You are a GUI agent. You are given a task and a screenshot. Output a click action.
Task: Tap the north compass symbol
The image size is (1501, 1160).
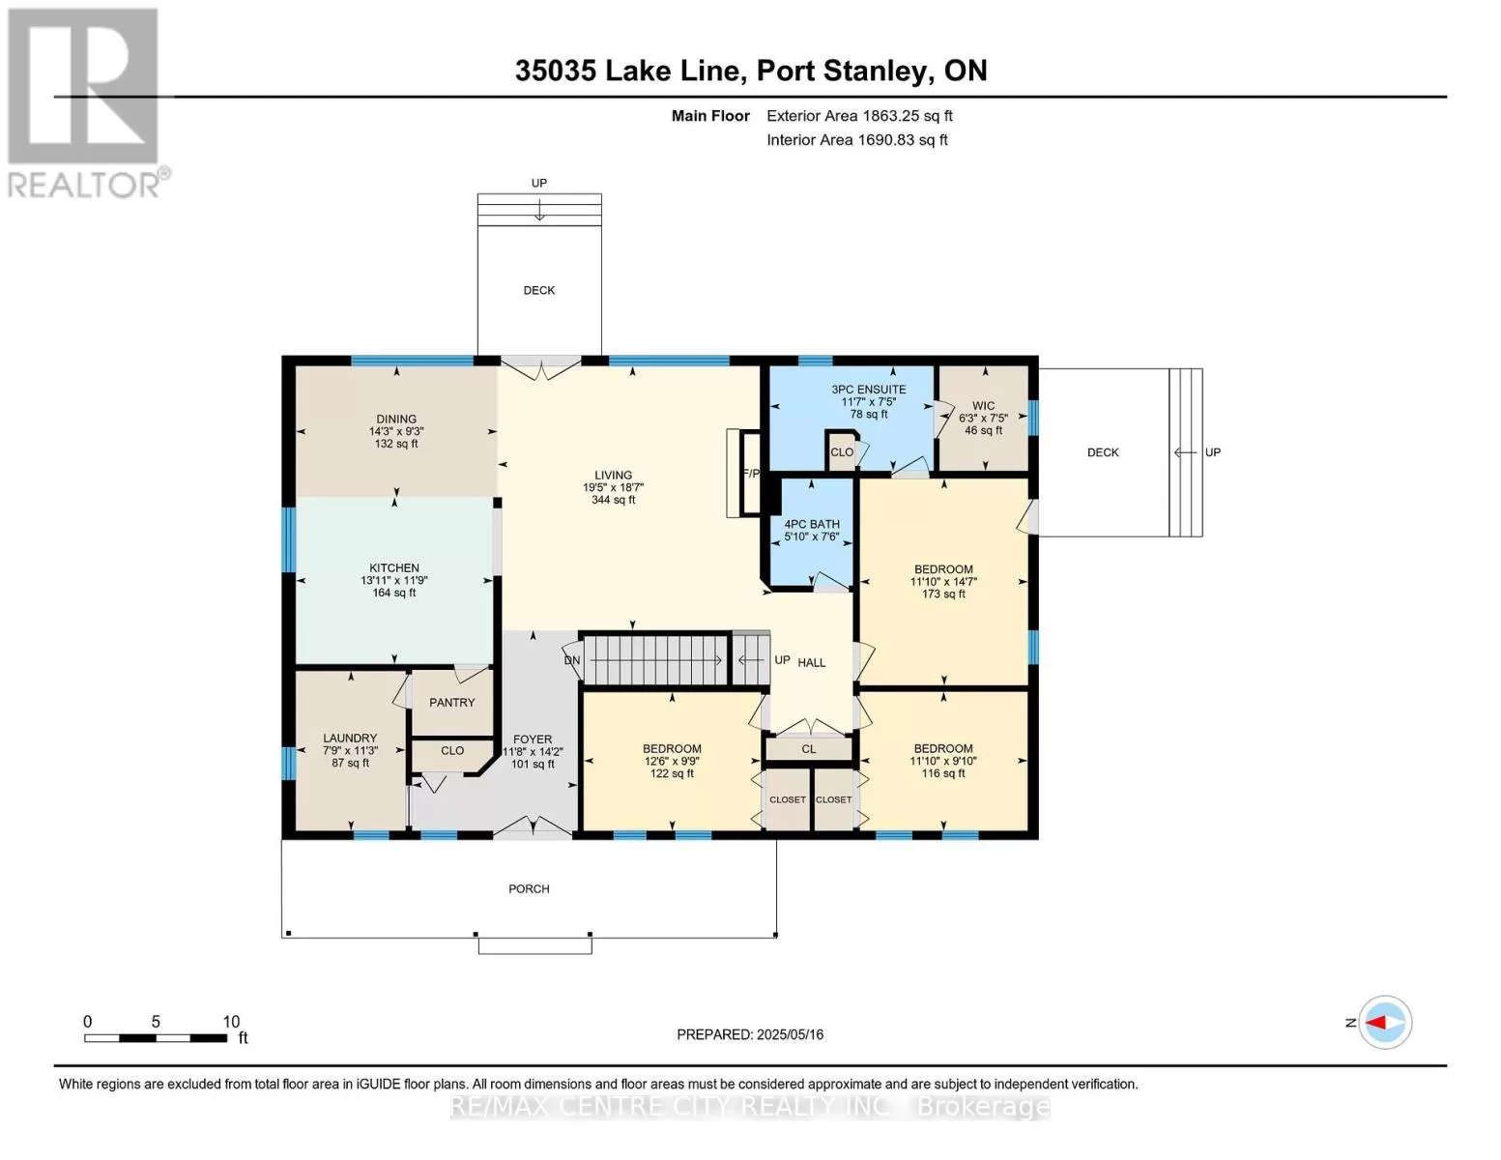pyautogui.click(x=1385, y=1023)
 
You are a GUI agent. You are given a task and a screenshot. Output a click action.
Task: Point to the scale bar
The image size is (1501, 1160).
pyautogui.click(x=157, y=1037)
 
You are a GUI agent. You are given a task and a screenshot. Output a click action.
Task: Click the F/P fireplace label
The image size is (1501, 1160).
pyautogui.click(x=751, y=474)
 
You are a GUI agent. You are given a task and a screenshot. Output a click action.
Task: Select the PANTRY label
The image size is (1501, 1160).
pyautogui.click(x=451, y=703)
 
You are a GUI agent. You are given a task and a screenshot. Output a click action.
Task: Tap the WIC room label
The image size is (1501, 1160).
pyautogui.click(x=983, y=406)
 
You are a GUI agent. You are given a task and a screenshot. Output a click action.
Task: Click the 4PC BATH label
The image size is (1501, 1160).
pyautogui.click(x=812, y=524)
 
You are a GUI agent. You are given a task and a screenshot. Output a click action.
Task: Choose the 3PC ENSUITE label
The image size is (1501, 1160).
pyautogui.click(x=868, y=389)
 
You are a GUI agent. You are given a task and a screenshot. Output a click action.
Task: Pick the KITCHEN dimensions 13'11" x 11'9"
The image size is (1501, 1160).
pyautogui.click(x=393, y=580)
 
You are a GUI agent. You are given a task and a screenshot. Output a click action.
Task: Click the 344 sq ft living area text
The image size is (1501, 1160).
pyautogui.click(x=613, y=500)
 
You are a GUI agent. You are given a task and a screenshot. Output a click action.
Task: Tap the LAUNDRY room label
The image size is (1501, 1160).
pyautogui.click(x=350, y=738)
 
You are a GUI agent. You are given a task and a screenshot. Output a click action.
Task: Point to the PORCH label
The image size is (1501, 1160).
pyautogui.click(x=529, y=888)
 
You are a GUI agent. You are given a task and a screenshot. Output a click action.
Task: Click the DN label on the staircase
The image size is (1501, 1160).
pyautogui.click(x=572, y=660)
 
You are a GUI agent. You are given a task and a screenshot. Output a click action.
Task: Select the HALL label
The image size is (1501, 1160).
pyautogui.click(x=812, y=662)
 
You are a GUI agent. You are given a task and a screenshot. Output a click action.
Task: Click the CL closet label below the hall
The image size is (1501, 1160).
pyautogui.click(x=809, y=749)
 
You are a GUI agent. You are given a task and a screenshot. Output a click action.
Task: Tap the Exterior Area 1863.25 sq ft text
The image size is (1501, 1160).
pyautogui.click(x=859, y=116)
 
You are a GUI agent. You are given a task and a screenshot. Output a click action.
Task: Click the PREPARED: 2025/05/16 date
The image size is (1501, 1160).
pyautogui.click(x=750, y=1034)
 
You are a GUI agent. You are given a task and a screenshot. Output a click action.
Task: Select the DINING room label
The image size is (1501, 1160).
pyautogui.click(x=396, y=419)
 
